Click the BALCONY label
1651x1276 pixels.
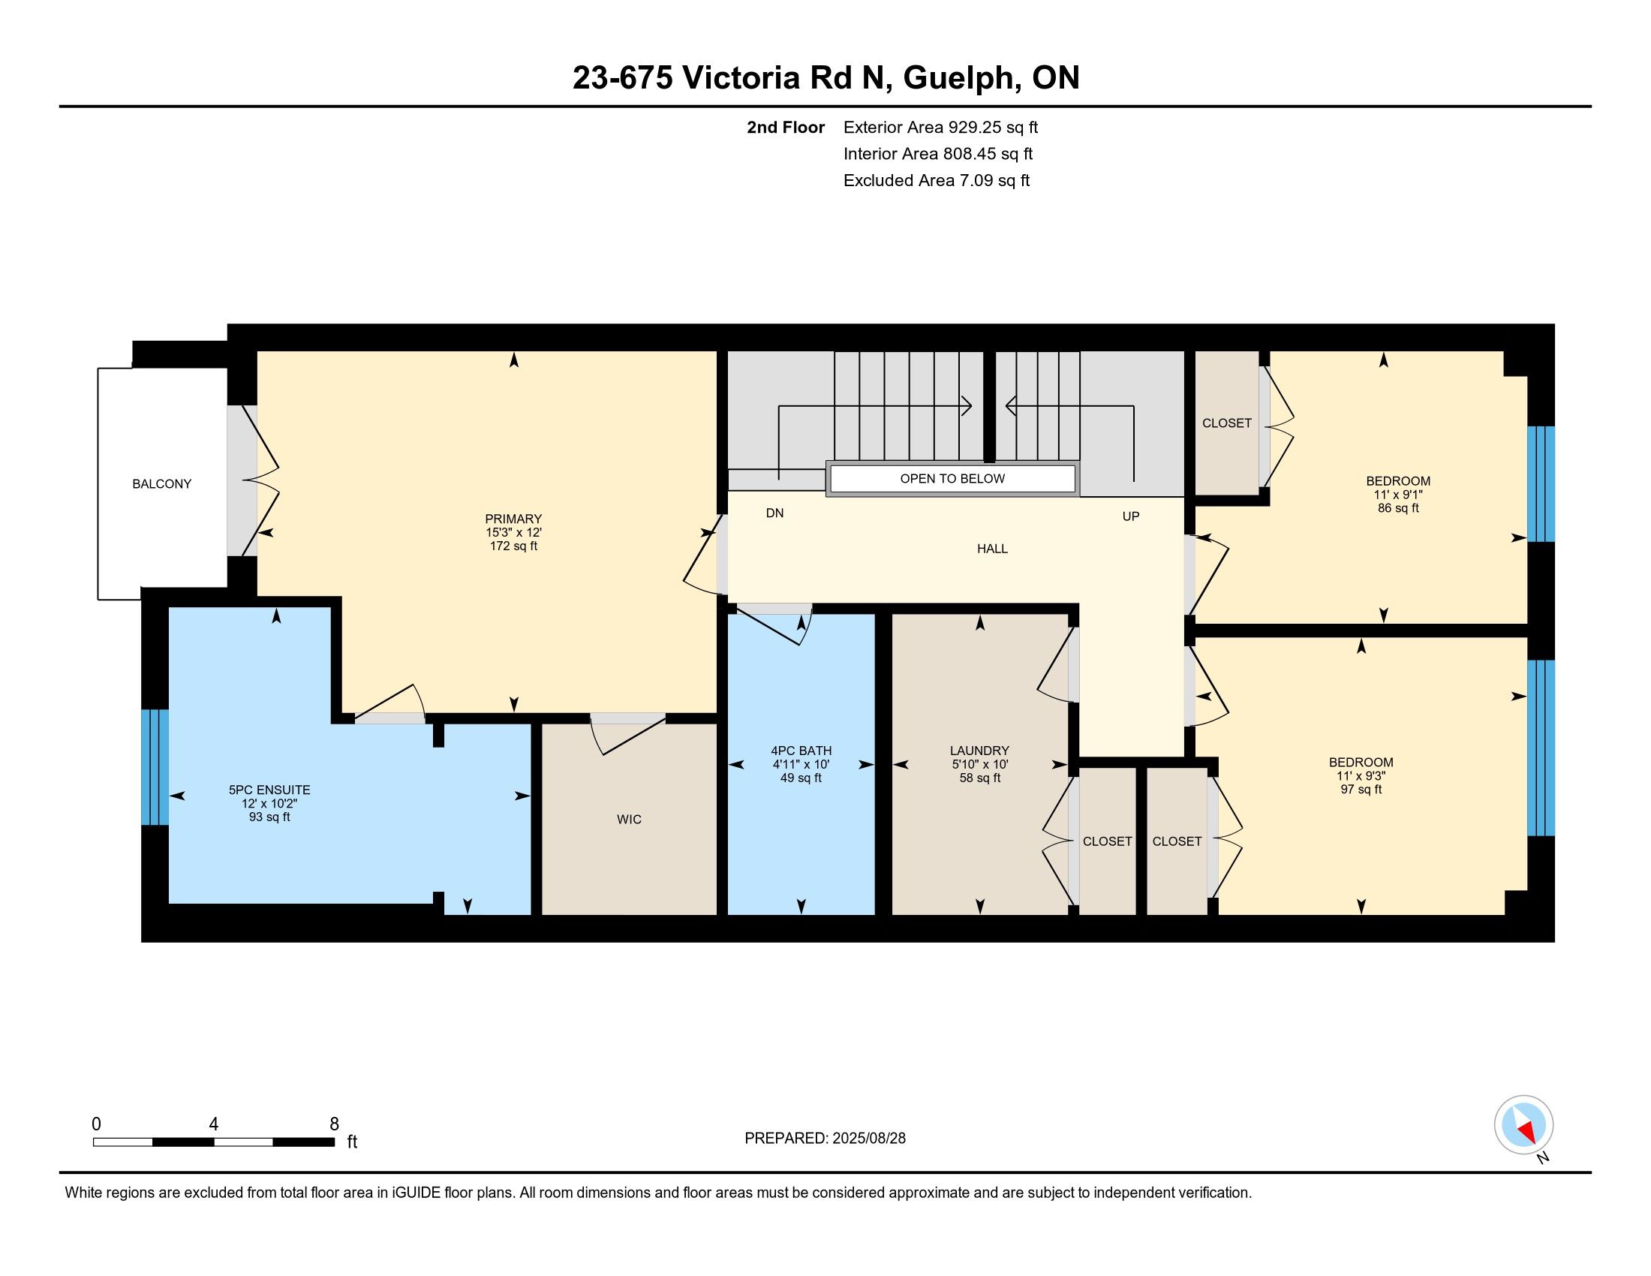[162, 484]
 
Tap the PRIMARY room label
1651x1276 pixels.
[513, 519]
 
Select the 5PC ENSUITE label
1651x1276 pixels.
[269, 790]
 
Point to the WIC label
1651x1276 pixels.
[629, 820]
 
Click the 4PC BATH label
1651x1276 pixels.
[801, 751]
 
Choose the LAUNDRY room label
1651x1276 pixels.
[979, 751]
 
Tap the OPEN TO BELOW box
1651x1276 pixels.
[952, 479]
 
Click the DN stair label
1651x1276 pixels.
[775, 513]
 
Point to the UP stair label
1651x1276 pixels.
[1131, 516]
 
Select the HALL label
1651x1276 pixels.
[993, 549]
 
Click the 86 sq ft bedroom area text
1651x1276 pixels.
[1399, 508]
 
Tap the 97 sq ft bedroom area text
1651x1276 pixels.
[1361, 789]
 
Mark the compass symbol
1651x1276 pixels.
[1524, 1125]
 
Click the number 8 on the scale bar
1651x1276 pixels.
[334, 1124]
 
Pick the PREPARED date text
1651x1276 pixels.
[825, 1139]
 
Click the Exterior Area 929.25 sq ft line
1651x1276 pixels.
[940, 127]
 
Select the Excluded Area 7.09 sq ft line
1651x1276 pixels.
[937, 180]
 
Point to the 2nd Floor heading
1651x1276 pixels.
[786, 127]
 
